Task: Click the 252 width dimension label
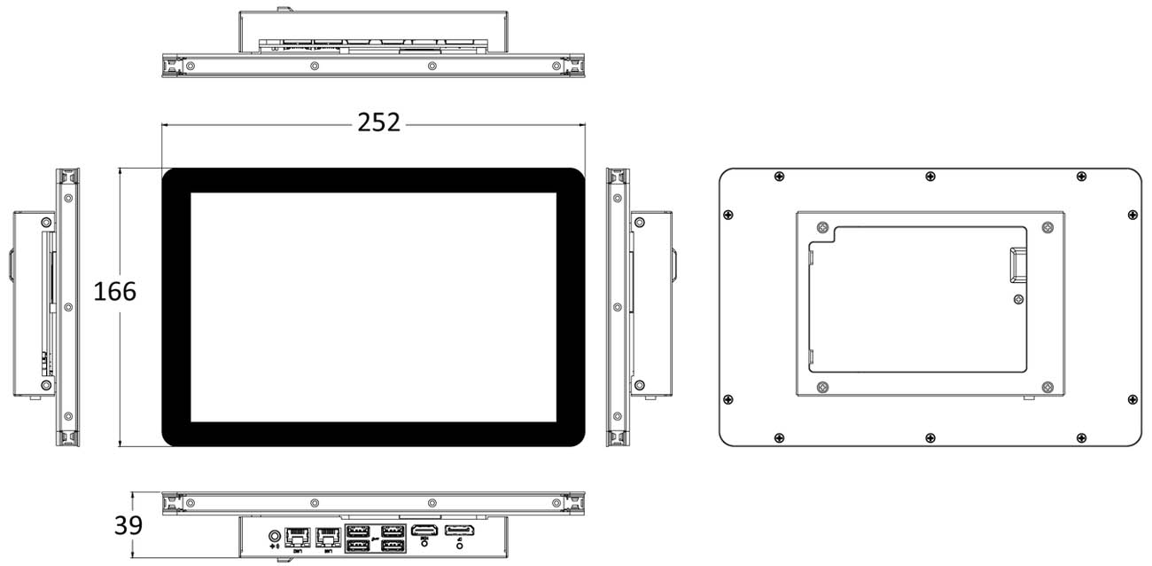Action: pyautogui.click(x=379, y=122)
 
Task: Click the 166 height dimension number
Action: pyautogui.click(x=115, y=290)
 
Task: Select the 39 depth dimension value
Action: pyautogui.click(x=128, y=525)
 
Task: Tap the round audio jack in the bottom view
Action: pyautogui.click(x=274, y=536)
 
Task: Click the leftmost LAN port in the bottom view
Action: pyautogui.click(x=297, y=536)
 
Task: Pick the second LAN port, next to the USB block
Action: pyautogui.click(x=329, y=536)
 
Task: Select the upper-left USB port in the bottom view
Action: pyautogui.click(x=357, y=531)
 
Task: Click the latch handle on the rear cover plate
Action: pyautogui.click(x=1016, y=263)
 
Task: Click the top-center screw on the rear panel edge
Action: pyautogui.click(x=930, y=177)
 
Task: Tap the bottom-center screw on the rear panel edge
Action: pyautogui.click(x=930, y=437)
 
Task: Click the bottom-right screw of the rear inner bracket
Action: pyautogui.click(x=1047, y=388)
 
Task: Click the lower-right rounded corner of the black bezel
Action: pyautogui.click(x=576, y=438)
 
